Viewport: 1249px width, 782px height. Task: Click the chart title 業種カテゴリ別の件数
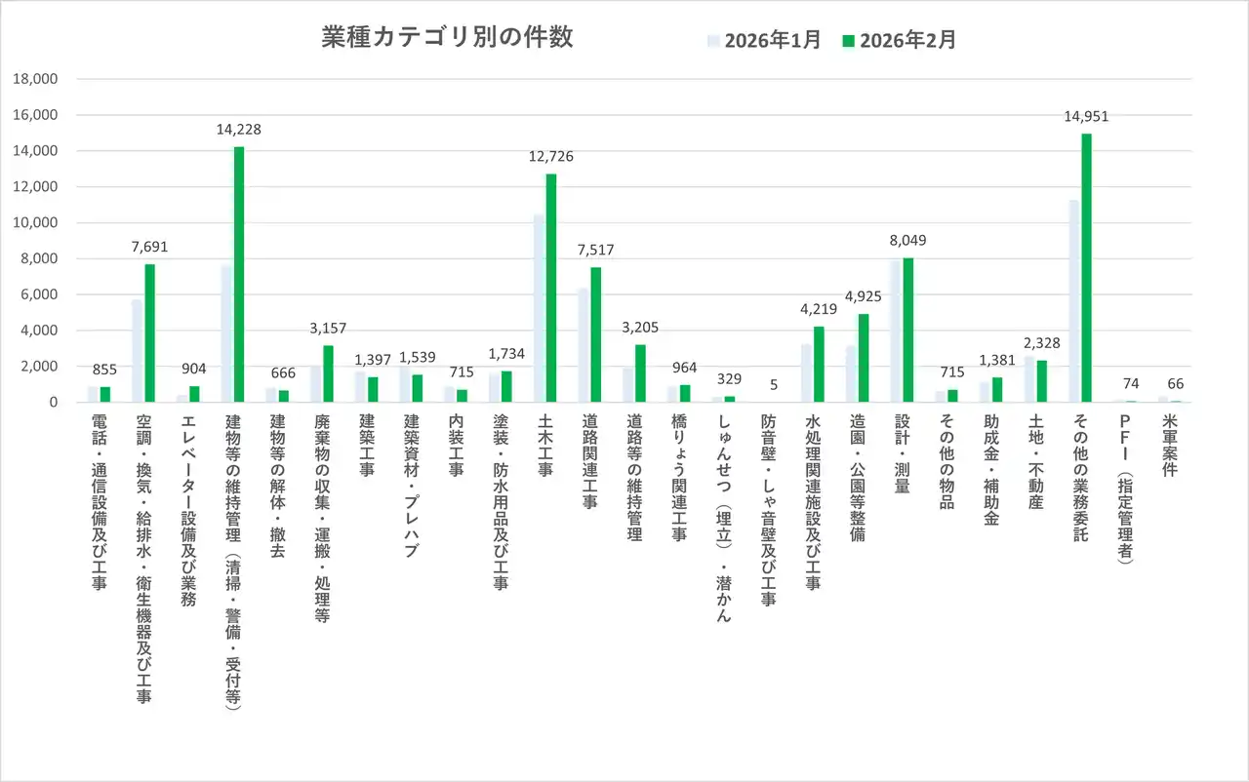[x=447, y=38]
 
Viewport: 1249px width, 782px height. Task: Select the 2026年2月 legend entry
[x=899, y=40]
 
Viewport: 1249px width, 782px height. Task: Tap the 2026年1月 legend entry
[x=764, y=40]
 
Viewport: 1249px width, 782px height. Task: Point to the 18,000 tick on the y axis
[x=37, y=79]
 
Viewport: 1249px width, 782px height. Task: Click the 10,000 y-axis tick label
[x=37, y=223]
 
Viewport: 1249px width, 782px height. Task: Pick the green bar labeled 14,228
[x=239, y=274]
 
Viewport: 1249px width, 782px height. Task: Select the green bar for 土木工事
[x=551, y=288]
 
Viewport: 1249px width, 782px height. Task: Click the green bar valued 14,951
[x=1086, y=268]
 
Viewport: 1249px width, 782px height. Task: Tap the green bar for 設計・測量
[x=908, y=330]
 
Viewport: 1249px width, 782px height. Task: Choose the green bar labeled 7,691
[x=150, y=333]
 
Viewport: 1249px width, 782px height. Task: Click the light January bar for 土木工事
[x=539, y=308]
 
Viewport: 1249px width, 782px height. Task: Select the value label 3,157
[x=328, y=328]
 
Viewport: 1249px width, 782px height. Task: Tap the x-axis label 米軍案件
[x=1169, y=446]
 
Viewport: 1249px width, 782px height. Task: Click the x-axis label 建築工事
[x=367, y=446]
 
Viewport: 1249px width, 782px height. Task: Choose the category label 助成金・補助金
[x=990, y=470]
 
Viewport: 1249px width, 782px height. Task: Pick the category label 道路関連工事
[x=589, y=458]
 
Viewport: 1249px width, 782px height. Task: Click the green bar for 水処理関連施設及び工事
[x=819, y=365]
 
